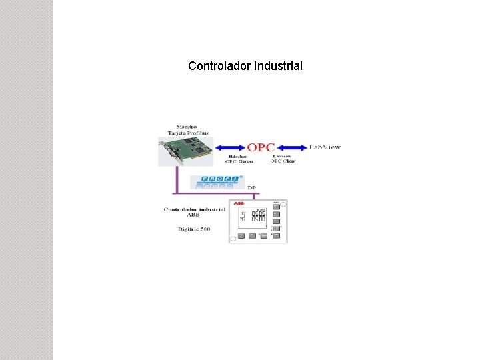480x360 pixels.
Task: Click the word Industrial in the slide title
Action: click(x=278, y=66)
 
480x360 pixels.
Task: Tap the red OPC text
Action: click(x=261, y=147)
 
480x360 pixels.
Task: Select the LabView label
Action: click(x=325, y=147)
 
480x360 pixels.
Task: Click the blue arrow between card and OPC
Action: click(x=230, y=147)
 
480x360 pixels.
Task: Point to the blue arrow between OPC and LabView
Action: click(x=292, y=147)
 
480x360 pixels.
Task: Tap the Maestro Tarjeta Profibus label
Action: click(x=187, y=129)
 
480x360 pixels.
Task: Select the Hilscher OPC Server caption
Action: click(x=239, y=159)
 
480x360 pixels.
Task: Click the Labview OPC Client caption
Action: click(x=283, y=159)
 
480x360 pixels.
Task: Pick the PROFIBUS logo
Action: click(x=217, y=181)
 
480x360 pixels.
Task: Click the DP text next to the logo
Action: click(x=251, y=187)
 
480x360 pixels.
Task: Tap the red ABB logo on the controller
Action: click(x=239, y=203)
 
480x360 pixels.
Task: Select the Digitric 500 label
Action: click(x=195, y=229)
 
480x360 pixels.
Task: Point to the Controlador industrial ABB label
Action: click(x=194, y=212)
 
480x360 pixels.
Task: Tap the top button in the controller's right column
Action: click(x=276, y=207)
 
